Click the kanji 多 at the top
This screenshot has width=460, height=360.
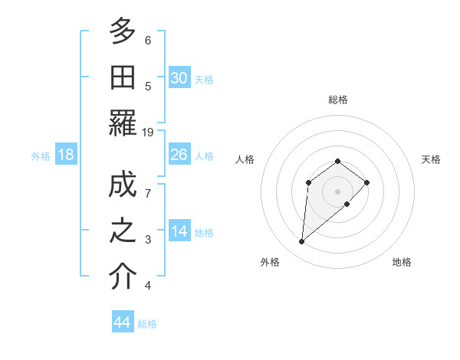click(123, 31)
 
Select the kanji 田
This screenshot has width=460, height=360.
click(123, 77)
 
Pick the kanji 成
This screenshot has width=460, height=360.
click(123, 187)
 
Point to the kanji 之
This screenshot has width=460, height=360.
click(123, 232)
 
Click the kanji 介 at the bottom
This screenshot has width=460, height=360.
click(123, 278)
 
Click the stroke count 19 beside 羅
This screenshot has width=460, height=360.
click(148, 133)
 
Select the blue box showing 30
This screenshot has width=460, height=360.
click(179, 78)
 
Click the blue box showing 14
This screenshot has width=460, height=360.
click(179, 232)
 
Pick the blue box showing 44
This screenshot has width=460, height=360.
click(122, 323)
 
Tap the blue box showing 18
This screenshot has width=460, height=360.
click(66, 155)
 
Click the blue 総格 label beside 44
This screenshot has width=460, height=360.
click(147, 324)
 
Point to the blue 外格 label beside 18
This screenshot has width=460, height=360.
click(41, 156)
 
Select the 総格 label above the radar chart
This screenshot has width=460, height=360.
click(338, 100)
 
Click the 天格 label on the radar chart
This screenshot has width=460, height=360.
click(432, 159)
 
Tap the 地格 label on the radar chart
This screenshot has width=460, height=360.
click(402, 262)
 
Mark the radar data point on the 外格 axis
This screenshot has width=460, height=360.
click(302, 242)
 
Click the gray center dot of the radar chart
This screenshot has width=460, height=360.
click(338, 191)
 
